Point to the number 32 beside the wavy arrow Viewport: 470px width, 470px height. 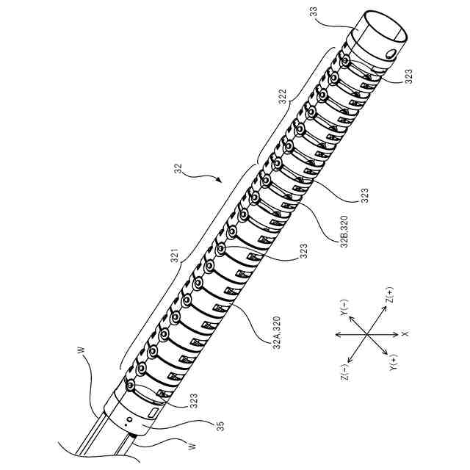coord(178,168)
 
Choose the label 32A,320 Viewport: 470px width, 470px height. coord(276,344)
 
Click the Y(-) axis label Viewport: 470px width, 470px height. coord(342,307)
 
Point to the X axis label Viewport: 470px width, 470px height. coord(405,334)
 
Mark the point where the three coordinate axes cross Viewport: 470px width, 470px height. coord(366,334)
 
